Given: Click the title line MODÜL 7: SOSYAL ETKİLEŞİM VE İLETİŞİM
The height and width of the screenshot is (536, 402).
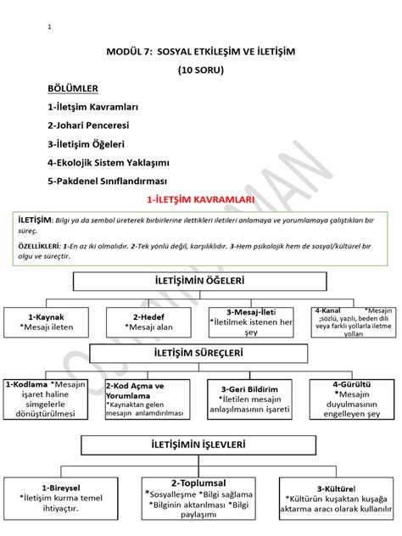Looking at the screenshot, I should click(201, 53).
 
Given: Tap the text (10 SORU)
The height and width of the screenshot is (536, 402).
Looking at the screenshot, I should click(201, 70).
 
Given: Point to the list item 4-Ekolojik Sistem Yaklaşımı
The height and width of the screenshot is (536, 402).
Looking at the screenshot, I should click(109, 162).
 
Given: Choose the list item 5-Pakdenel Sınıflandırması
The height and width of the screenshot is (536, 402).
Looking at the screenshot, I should click(108, 181).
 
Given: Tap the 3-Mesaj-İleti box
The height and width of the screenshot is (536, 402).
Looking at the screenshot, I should click(251, 321).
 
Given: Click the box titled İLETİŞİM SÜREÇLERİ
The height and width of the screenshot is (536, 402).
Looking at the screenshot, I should click(200, 353).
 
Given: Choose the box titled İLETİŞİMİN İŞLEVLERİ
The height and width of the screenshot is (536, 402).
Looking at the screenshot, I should click(200, 443).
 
